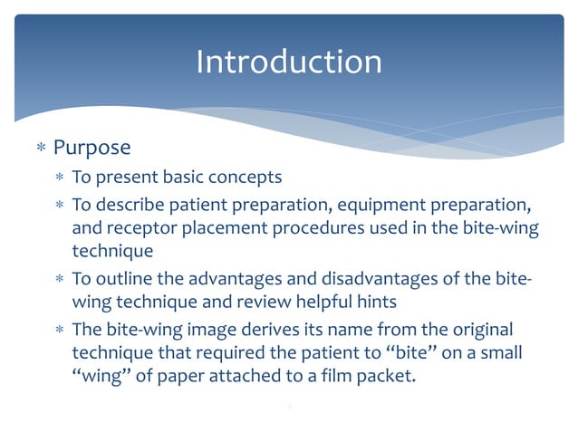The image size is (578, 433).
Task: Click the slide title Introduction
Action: pyautogui.click(x=288, y=62)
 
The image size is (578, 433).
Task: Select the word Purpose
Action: pyautogui.click(x=92, y=148)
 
